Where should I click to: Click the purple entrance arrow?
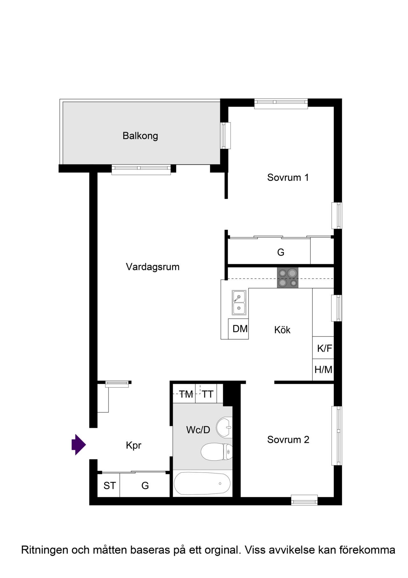tap(78, 445)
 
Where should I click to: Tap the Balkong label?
tap(140, 136)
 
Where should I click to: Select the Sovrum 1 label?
tap(288, 177)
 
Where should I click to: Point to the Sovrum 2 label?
tap(288, 440)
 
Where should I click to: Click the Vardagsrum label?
tap(153, 267)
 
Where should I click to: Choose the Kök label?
tap(282, 330)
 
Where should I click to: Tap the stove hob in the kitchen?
tap(288, 278)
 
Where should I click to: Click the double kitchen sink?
tap(239, 303)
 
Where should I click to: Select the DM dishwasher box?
tap(238, 329)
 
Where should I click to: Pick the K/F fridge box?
tap(323, 348)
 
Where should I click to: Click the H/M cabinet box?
tap(323, 370)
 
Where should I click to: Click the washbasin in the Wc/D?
tap(224, 427)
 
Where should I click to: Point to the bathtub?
tap(202, 484)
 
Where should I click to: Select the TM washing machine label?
tap(186, 394)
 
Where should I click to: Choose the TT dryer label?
tap(208, 394)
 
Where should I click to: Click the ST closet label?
tap(110, 486)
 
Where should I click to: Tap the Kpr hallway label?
tap(134, 446)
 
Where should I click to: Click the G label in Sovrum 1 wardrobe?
tap(280, 252)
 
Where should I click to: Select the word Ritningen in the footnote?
tap(45, 550)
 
